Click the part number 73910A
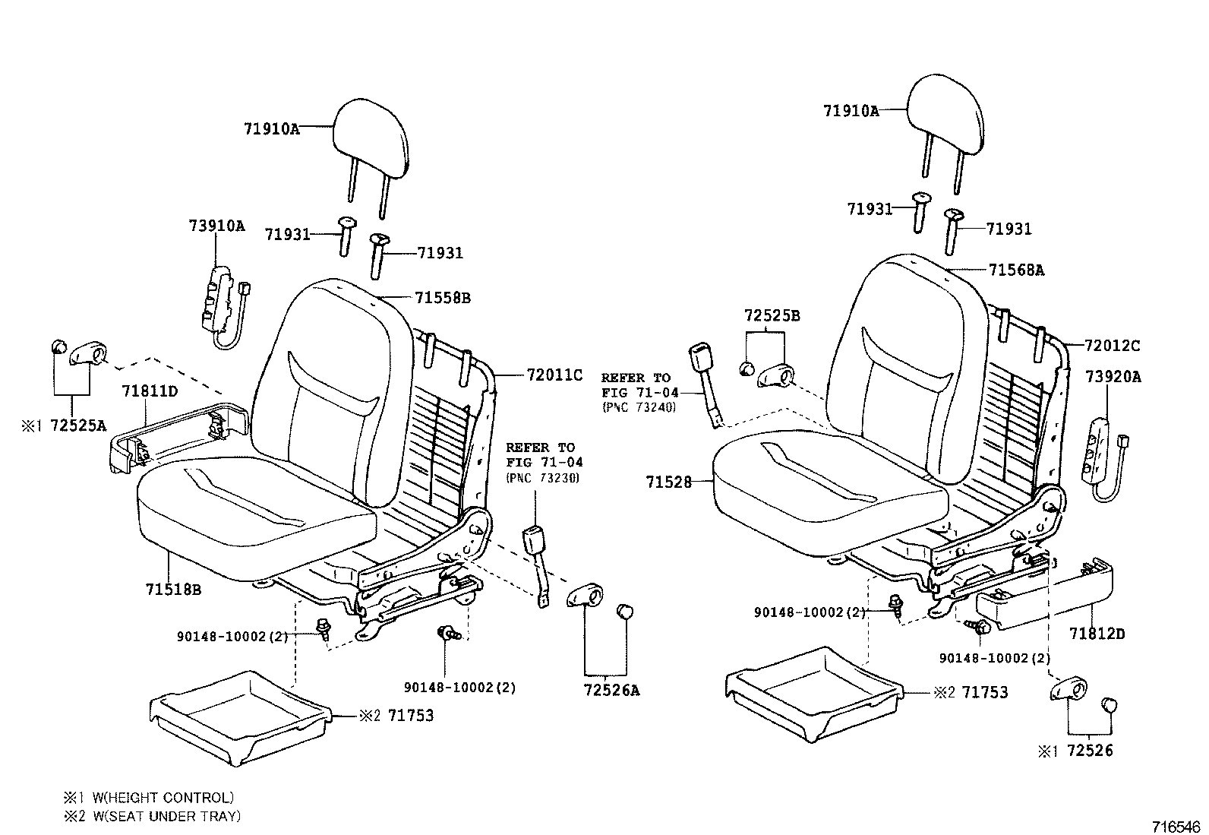tap(216, 226)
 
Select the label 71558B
tap(442, 298)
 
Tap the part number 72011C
tap(554, 375)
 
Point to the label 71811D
tap(150, 391)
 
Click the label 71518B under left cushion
tap(173, 589)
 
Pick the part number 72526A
tap(611, 691)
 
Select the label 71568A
tap(1016, 270)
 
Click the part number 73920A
tap(1113, 377)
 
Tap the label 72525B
tap(772, 315)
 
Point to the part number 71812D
tap(1097, 633)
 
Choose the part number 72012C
tap(1112, 346)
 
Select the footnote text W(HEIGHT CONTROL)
tap(163, 798)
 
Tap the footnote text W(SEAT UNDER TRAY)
tap(166, 816)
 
